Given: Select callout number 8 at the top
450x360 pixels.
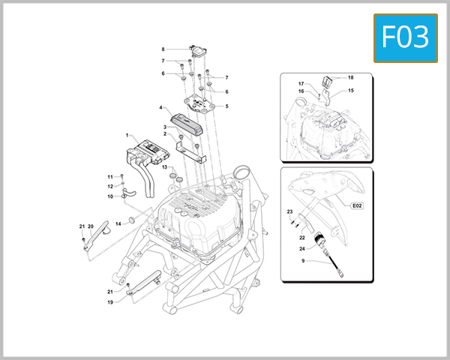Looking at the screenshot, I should [163, 50].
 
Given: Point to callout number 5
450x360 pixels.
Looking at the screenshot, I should [226, 106].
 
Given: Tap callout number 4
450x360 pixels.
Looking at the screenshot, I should [160, 108].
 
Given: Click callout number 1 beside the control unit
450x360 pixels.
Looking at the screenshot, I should [127, 134].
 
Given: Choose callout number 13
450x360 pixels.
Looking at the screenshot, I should [164, 167].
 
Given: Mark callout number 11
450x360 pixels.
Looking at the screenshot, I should [109, 176].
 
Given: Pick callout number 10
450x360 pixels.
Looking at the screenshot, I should [109, 196].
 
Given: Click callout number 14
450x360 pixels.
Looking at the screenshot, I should [118, 223].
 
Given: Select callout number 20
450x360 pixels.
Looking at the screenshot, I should [91, 226].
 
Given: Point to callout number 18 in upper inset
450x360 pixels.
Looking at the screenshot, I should [350, 78].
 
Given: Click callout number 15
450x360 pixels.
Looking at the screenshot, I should [350, 91].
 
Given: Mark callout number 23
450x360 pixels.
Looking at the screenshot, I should [289, 212].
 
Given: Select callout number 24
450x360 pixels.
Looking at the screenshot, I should [301, 248].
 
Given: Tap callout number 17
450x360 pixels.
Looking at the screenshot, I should [301, 84].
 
